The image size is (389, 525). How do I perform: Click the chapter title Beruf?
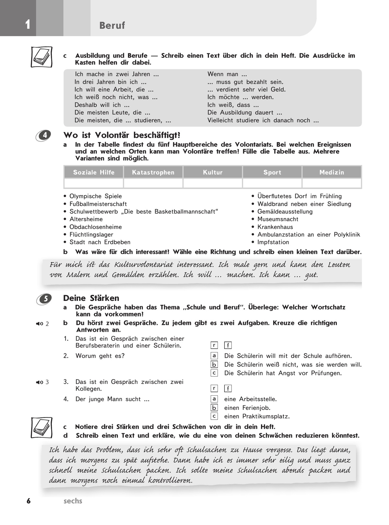coord(112,25)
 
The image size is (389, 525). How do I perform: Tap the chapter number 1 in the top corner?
coord(28,24)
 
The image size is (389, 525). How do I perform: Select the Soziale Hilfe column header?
coord(94,172)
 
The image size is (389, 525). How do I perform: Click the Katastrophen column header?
coord(153,172)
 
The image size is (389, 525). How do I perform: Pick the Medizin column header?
coord(332,172)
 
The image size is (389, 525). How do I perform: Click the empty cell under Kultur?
coord(213,183)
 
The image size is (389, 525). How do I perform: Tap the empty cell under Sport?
coord(272,183)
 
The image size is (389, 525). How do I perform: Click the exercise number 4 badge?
coord(44,135)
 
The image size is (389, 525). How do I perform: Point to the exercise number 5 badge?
coord(44,299)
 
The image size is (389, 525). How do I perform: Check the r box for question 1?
coord(214,345)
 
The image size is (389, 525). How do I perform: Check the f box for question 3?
coord(228,388)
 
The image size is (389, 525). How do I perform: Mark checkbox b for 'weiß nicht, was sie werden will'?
coord(214,364)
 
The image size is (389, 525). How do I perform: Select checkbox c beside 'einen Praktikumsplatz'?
coord(214,416)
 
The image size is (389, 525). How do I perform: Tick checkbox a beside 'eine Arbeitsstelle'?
coord(214,399)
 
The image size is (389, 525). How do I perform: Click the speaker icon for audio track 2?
coord(40,324)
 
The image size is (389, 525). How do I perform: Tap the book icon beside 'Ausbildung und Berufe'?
coord(41,57)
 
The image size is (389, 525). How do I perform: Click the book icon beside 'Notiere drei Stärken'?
coord(41,427)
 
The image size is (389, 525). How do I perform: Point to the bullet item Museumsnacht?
coord(277,219)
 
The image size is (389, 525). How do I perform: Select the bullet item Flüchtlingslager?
coord(91,234)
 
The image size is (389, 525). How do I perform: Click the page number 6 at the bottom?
coord(29,501)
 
